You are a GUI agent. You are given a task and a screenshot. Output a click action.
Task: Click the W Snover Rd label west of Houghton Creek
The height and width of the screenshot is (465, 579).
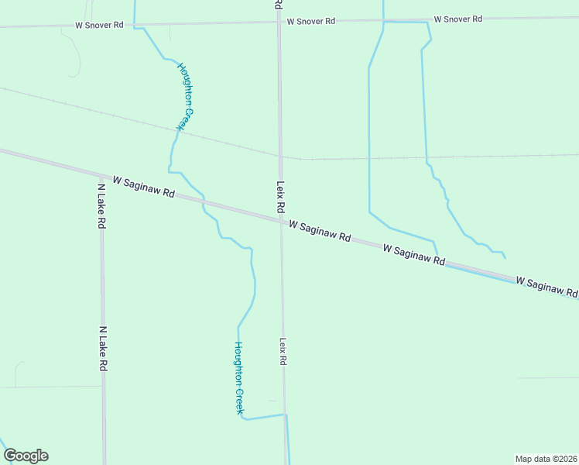coord(99,25)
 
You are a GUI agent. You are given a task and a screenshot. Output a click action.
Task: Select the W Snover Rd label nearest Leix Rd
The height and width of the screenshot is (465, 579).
coord(310,21)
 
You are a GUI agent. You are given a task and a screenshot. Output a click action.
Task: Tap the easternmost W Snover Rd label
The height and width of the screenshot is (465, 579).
coord(457,19)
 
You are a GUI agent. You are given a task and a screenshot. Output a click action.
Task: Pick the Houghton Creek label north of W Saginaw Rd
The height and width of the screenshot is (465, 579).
coord(185,97)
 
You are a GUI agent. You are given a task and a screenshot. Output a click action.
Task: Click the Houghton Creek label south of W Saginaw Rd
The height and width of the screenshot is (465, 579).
coord(239,377)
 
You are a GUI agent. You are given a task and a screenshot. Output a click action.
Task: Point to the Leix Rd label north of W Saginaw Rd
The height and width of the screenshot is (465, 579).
coord(280,198)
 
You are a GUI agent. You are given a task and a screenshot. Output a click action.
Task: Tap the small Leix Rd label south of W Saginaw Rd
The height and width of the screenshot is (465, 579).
coord(283,351)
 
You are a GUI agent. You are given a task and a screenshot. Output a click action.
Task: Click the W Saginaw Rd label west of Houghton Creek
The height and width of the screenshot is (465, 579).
coord(143,186)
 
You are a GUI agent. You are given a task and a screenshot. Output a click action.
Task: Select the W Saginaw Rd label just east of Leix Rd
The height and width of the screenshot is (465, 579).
coord(320,230)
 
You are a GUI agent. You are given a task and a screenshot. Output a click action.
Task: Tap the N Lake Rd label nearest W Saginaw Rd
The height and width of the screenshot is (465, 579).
coord(101,206)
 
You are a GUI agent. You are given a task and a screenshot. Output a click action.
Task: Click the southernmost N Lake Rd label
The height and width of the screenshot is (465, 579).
coord(102,349)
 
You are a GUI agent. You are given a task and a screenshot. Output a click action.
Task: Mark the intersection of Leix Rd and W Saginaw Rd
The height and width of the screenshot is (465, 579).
coord(280,221)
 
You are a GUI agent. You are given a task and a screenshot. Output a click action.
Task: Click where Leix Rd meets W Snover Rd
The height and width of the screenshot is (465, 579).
coord(279,22)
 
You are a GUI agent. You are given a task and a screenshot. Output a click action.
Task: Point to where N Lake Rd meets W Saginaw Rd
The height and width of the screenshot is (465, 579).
coord(101,174)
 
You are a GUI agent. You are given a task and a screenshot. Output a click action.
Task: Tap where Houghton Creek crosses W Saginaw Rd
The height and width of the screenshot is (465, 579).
coord(203,201)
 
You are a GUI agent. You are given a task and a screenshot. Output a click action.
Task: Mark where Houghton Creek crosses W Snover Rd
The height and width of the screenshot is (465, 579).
coord(135,24)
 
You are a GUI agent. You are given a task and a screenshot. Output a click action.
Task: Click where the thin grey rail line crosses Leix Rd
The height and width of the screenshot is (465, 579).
coord(279,156)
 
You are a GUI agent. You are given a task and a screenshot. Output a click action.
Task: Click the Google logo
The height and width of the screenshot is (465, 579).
coord(26,456)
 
